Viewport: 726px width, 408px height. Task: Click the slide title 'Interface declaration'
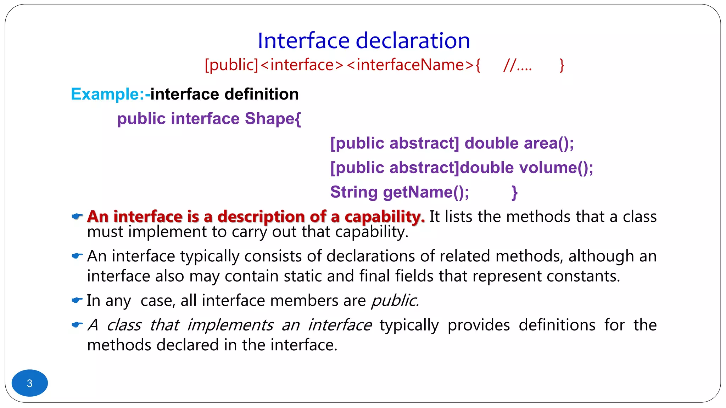[x=364, y=40]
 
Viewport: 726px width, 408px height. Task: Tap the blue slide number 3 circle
[x=30, y=383]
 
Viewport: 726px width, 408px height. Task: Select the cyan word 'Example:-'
[x=110, y=94]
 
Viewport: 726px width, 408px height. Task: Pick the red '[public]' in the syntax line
[x=231, y=65]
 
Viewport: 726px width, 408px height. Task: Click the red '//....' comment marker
[x=518, y=65]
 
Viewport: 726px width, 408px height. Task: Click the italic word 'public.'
[x=395, y=301]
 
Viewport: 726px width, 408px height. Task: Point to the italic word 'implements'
[x=230, y=325]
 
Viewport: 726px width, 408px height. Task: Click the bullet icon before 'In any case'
[x=77, y=300]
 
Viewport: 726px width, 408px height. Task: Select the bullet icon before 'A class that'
[x=77, y=324]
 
